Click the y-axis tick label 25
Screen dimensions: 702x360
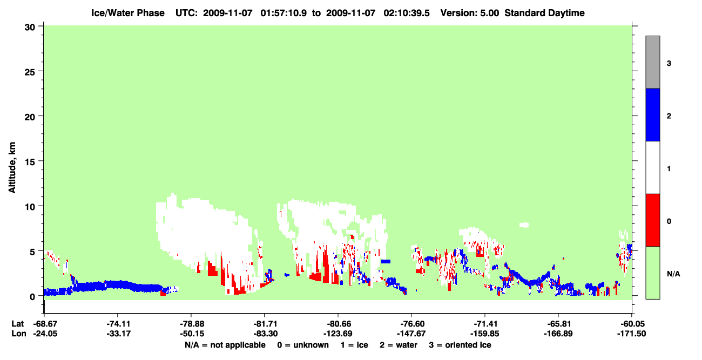30,72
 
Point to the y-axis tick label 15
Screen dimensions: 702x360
30,162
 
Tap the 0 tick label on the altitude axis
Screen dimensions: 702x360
32,297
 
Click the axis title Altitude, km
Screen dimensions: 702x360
12,168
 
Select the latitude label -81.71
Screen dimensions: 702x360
265,324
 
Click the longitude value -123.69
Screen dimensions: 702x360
339,334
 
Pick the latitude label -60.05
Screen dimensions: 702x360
632,324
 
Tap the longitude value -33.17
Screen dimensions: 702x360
118,334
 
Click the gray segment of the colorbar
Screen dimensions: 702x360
652,62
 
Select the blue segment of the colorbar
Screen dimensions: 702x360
652,114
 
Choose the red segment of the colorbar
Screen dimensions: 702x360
652,220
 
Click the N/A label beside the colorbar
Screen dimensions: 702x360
673,274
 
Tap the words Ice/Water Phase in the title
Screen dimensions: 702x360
128,13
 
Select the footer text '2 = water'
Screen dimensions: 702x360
399,345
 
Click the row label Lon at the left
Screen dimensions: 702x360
19,334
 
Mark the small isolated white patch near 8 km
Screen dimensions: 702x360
524,225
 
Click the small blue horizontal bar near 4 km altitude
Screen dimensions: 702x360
386,261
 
